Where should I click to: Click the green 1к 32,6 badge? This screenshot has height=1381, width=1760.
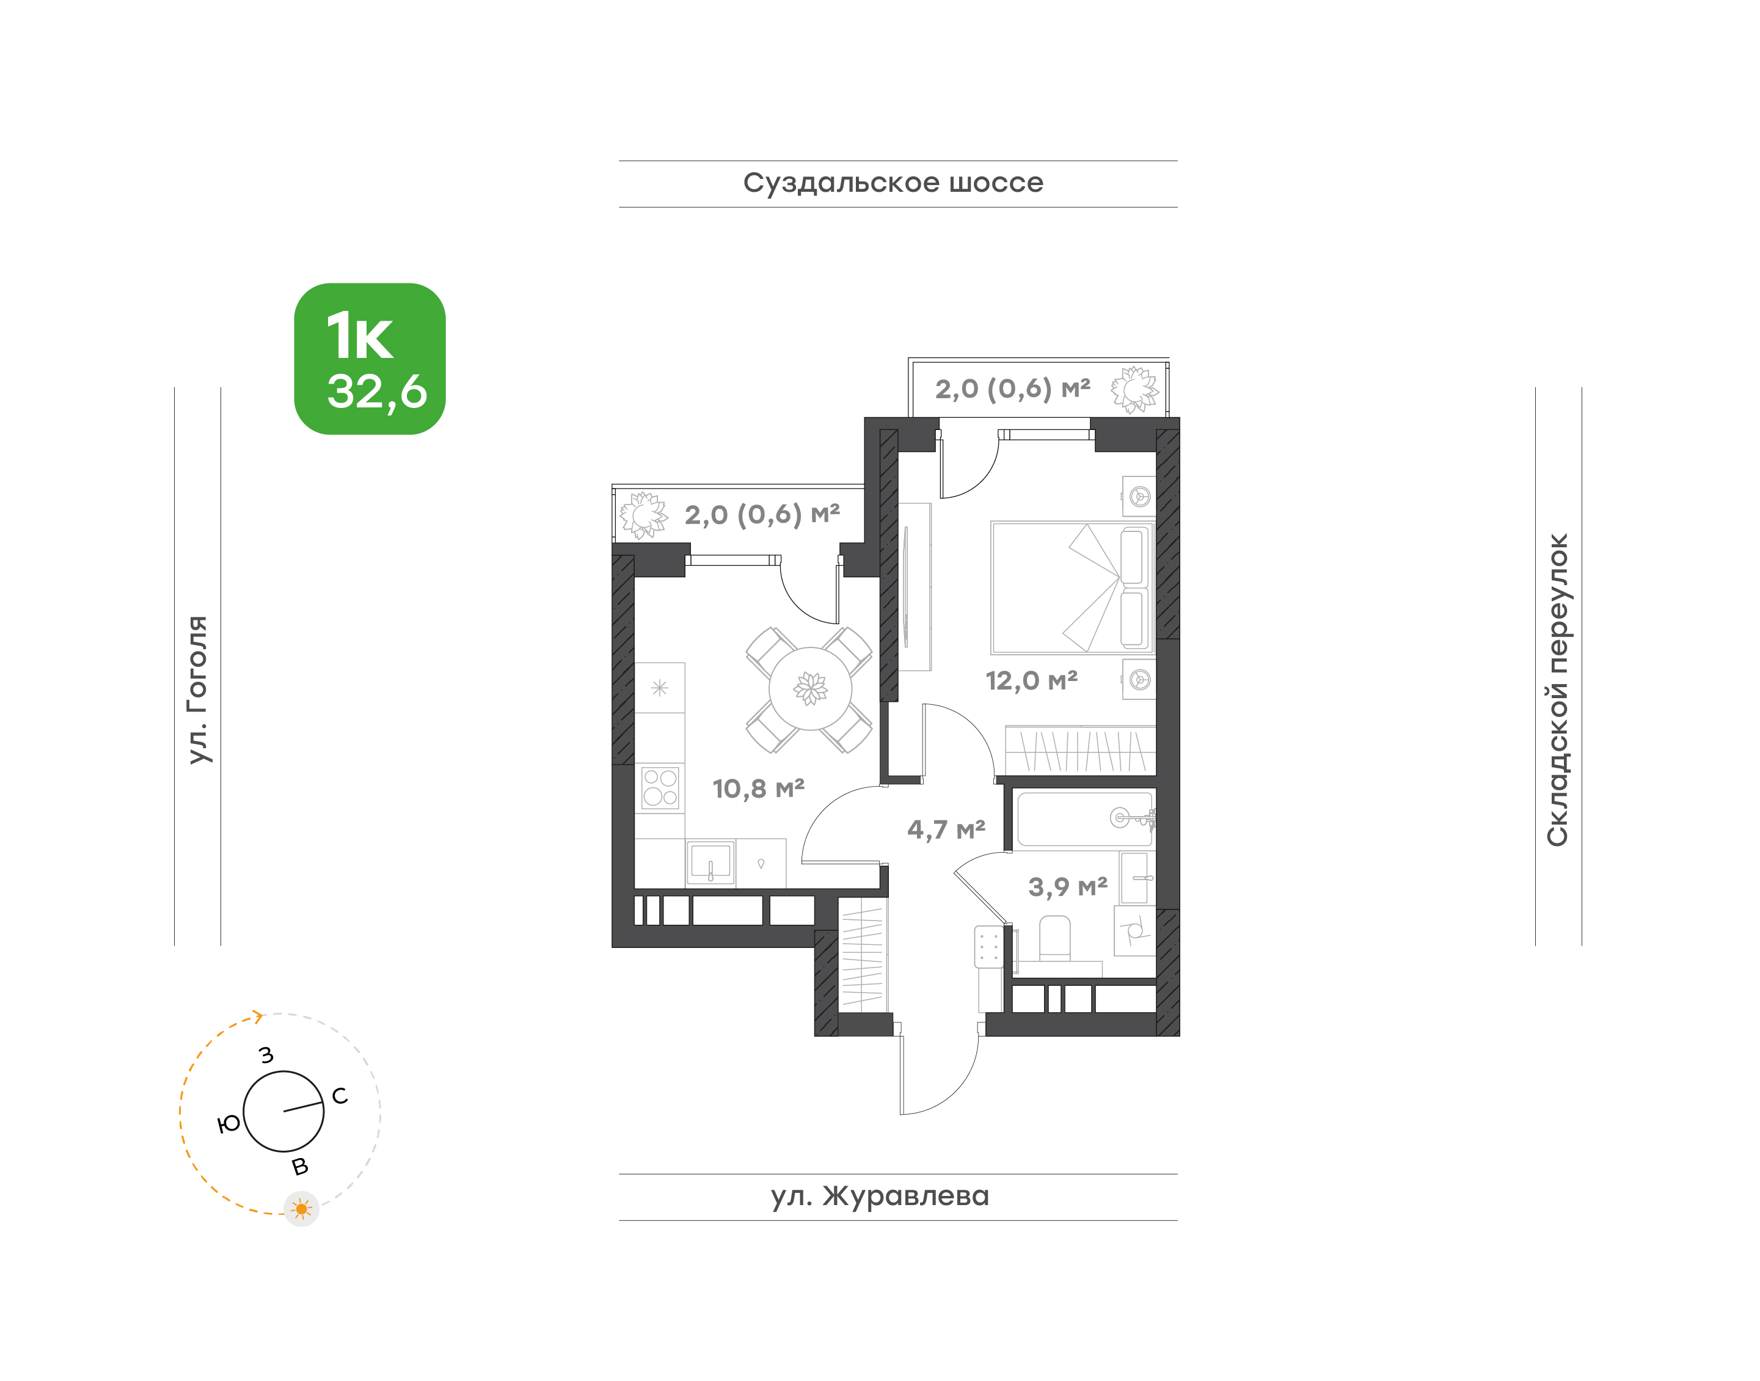[370, 359]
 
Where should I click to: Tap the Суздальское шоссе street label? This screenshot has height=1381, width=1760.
[893, 183]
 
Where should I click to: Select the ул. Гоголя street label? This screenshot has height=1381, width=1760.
[197, 690]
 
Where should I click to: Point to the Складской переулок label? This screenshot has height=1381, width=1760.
[1557, 690]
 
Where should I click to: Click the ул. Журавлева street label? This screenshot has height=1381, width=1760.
[880, 1196]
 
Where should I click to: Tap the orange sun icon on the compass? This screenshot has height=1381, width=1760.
[302, 1209]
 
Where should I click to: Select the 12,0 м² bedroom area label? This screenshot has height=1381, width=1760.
[1031, 681]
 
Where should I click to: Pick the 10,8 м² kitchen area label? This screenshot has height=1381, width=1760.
[758, 789]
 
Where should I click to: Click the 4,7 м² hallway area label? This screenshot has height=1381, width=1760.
[946, 829]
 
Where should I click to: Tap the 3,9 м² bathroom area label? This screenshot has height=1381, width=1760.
[1068, 887]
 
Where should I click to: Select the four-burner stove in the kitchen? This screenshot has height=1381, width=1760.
[660, 787]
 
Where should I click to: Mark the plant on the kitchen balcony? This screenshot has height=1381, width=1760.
[644, 515]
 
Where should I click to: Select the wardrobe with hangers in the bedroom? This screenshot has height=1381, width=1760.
[1081, 749]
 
